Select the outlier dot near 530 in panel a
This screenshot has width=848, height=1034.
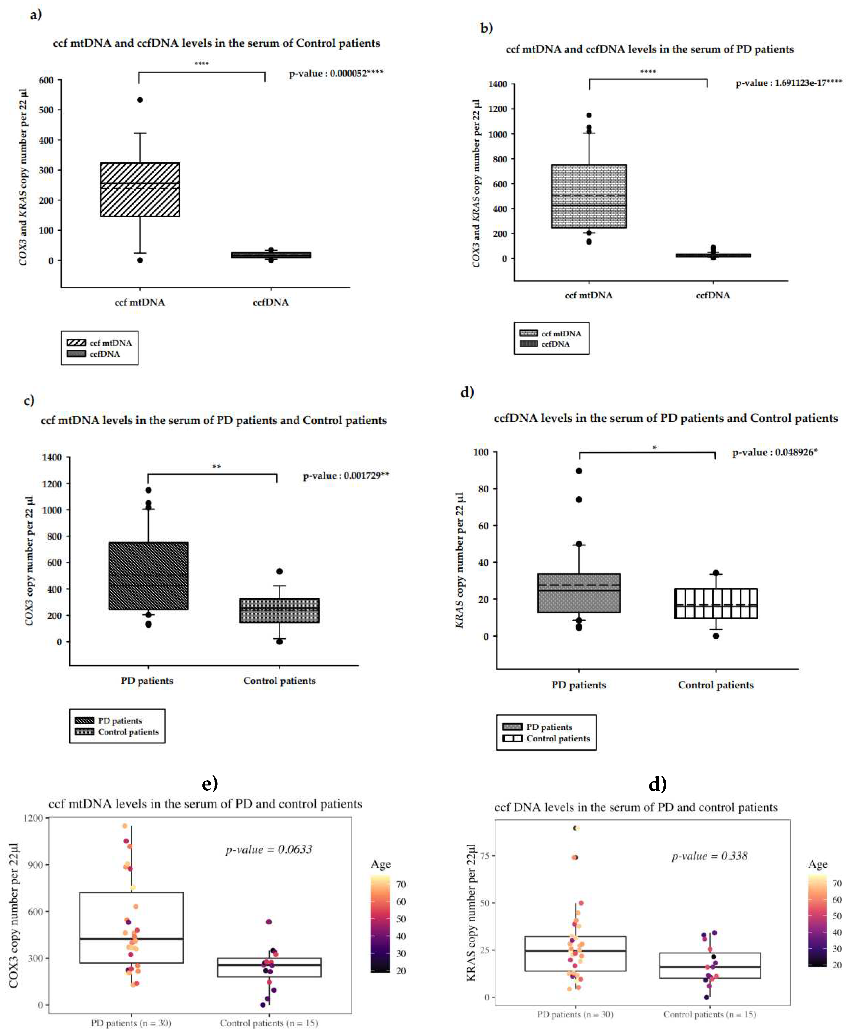140,100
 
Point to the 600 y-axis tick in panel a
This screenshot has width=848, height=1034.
47,80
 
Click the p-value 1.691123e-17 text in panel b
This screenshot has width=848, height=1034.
788,83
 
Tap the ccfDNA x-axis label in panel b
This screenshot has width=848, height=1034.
713,295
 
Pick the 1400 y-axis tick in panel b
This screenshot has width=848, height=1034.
498,84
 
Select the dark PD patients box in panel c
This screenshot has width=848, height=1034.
148,576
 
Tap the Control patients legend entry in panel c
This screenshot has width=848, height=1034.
128,731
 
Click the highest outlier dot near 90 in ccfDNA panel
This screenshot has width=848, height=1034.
579,471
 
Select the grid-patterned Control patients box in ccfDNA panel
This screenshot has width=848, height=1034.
716,604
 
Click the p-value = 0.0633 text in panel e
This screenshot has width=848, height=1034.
269,849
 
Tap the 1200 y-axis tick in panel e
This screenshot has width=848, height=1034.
33,818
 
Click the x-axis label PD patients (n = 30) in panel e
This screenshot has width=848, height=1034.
131,1023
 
